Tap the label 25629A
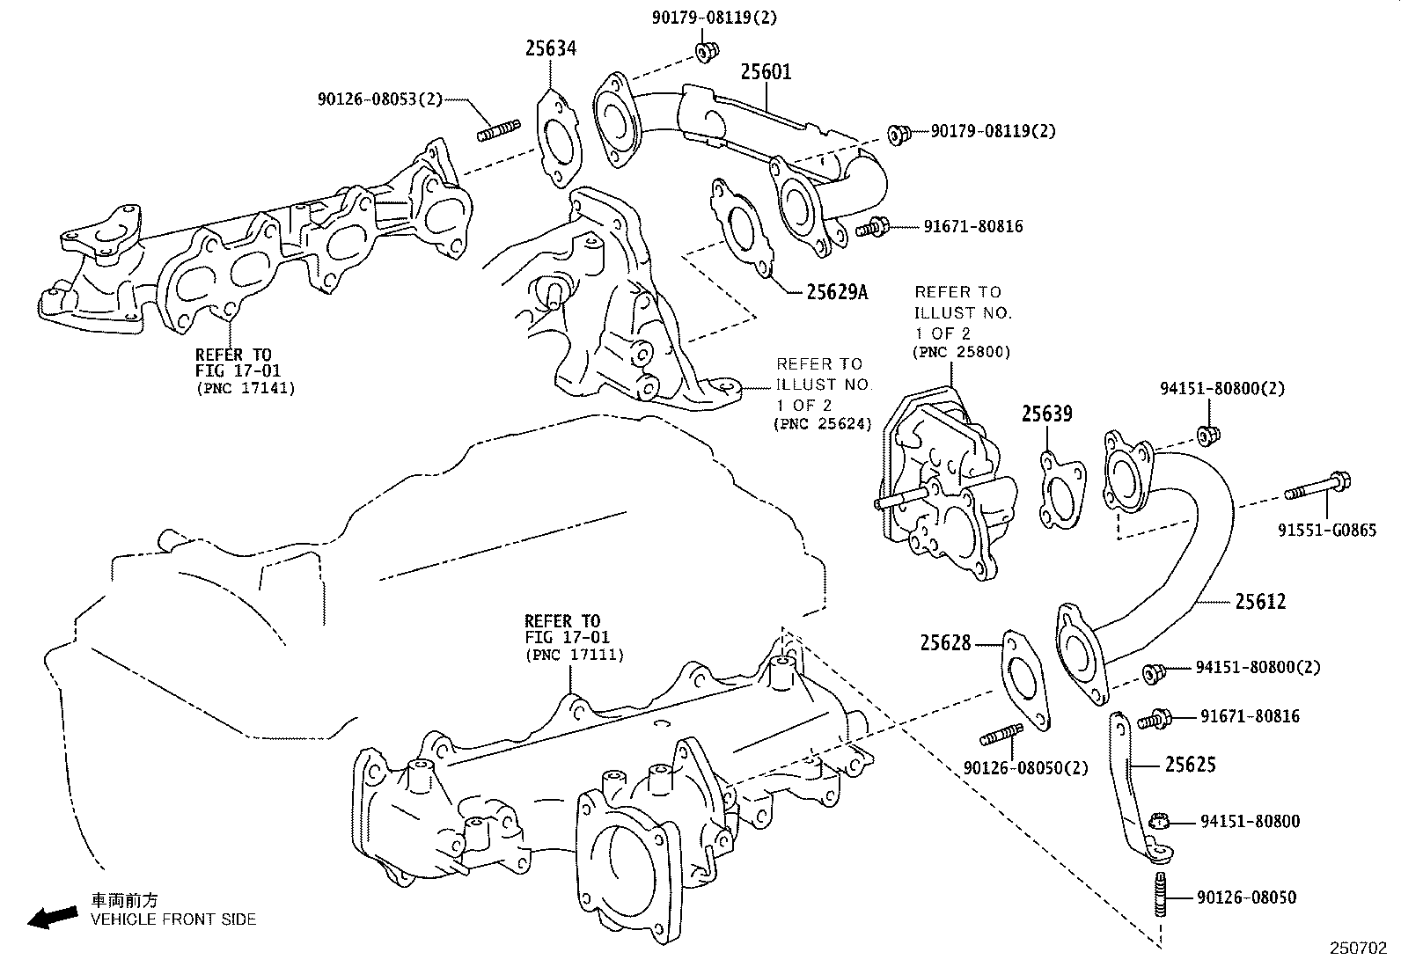point(836,291)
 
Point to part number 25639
point(1046,413)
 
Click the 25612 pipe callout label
point(1260,602)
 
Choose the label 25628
point(946,643)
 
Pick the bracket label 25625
point(1190,766)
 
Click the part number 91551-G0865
point(1327,531)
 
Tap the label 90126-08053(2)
point(380,99)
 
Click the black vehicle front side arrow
point(52,918)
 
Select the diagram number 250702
point(1357,949)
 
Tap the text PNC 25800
point(963,352)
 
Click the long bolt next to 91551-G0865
point(1317,487)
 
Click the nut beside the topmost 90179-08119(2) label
point(704,52)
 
